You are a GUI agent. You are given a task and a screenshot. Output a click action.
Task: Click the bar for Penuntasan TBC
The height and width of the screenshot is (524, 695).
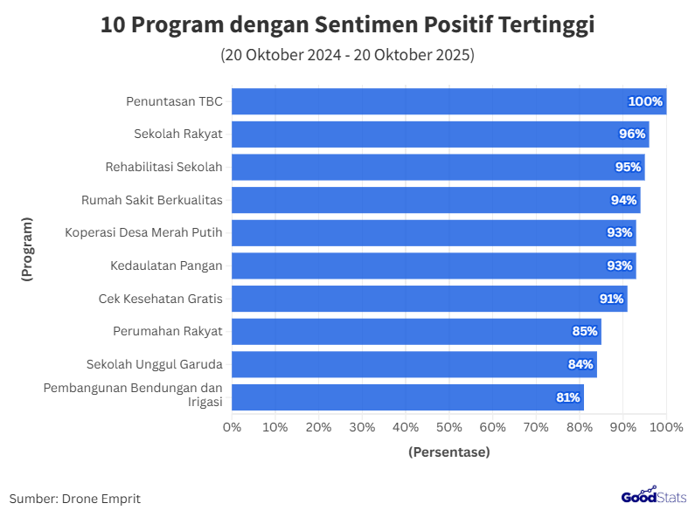448,101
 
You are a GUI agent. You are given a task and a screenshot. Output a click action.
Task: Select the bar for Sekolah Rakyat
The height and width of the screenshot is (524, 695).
440,134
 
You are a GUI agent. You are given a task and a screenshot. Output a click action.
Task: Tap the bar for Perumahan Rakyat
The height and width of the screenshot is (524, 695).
416,331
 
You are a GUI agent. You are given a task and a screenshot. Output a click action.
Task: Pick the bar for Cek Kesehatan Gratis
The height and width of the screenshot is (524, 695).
429,299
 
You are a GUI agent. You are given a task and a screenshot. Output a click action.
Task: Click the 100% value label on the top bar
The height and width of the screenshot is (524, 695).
645,101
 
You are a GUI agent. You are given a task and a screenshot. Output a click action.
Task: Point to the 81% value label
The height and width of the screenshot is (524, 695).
568,397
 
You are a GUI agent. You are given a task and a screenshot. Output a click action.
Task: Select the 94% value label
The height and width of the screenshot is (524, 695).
623,200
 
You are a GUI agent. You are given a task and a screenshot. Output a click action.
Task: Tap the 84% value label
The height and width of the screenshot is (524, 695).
580,364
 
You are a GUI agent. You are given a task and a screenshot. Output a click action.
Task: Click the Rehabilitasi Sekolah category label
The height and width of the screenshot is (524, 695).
163,167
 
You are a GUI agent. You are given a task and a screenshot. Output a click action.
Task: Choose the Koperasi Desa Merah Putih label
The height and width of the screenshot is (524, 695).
143,232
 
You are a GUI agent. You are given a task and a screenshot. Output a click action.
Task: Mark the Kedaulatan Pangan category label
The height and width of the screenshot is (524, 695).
166,265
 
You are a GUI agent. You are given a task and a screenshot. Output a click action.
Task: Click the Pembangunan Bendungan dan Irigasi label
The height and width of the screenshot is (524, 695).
133,395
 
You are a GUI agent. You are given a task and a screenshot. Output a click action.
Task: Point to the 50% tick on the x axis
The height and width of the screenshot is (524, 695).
449,427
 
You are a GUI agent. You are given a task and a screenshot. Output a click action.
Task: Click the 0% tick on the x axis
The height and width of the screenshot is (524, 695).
232,427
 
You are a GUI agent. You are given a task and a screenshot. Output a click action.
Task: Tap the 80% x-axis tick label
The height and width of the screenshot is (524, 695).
580,427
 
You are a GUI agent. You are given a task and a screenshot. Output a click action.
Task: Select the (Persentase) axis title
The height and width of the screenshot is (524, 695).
449,452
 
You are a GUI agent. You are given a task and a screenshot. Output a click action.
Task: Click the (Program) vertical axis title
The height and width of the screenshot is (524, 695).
27,249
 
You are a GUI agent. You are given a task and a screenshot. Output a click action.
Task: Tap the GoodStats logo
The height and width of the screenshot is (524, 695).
654,496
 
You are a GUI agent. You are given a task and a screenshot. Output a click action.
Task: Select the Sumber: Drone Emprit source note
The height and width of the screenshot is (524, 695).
75,499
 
